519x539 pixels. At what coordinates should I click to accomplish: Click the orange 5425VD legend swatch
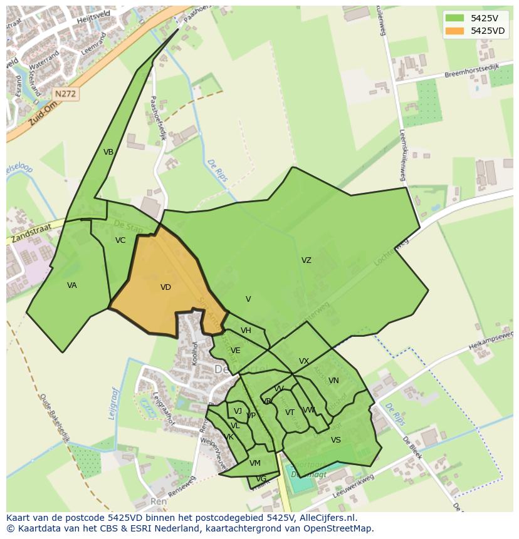coord(454,31)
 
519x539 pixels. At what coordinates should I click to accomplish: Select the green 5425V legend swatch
coord(454,18)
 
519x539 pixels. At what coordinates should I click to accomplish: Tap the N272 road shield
coord(65,94)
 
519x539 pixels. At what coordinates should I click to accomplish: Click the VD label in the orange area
coord(165,287)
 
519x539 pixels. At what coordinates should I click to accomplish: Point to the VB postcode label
coord(108,152)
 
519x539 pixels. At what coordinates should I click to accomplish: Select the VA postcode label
coord(72,285)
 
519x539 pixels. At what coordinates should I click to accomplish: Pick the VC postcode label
coord(120,240)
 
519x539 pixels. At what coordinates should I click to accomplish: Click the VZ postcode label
coord(306,260)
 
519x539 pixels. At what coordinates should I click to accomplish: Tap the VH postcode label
coord(246,331)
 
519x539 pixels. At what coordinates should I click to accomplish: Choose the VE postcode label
coord(235,351)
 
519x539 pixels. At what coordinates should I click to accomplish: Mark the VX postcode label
coord(304,361)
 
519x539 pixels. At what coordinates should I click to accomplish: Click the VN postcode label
coord(333,381)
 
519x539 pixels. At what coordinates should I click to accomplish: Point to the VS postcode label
coord(336,440)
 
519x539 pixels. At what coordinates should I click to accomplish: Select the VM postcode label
coord(254,463)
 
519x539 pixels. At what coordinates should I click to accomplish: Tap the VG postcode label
coord(261,479)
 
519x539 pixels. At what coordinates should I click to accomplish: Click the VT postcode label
coord(290,413)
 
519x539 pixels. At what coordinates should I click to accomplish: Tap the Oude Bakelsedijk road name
coord(53,418)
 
